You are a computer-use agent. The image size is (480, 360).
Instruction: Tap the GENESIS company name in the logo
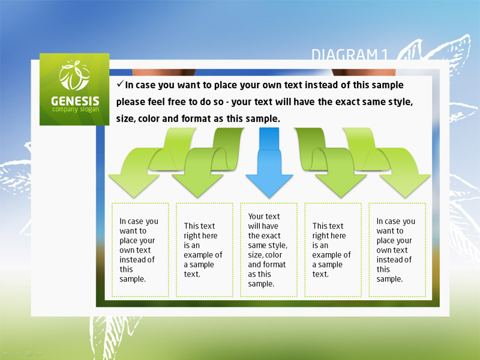click(75, 101)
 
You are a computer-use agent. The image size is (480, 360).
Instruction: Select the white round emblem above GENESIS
click(74, 76)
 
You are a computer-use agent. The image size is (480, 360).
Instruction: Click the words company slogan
click(76, 110)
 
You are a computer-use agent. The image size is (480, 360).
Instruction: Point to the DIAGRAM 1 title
click(350, 55)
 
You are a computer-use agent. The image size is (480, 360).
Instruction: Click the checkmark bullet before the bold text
click(120, 83)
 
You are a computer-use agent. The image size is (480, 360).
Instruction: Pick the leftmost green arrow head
click(134, 186)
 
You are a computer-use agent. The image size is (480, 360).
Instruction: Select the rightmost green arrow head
click(405, 186)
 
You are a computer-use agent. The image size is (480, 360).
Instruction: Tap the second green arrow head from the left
click(197, 186)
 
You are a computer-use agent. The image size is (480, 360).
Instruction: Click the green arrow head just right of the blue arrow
click(341, 186)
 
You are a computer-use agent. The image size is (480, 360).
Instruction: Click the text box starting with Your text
click(268, 250)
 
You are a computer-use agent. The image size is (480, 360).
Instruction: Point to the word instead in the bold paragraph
click(327, 85)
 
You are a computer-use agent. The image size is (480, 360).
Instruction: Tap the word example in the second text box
click(199, 255)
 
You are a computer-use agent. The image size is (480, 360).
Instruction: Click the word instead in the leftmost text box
click(133, 260)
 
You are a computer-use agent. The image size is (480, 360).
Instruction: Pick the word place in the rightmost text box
click(386, 241)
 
